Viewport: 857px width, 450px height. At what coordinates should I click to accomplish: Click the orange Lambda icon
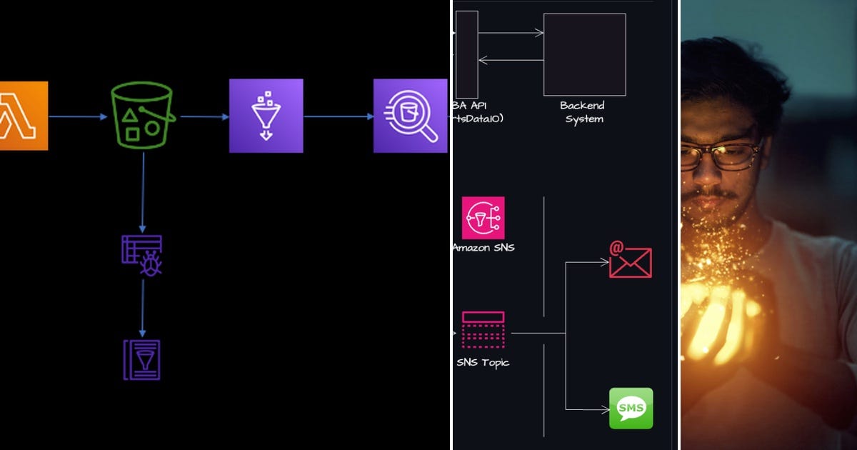pos(24,116)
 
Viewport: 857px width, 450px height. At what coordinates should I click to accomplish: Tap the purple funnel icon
pos(266,116)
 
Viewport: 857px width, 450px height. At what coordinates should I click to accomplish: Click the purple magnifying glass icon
pos(409,116)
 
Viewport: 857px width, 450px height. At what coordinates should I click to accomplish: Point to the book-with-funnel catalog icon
pos(142,359)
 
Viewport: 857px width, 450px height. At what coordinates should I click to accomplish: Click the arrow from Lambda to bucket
pos(79,116)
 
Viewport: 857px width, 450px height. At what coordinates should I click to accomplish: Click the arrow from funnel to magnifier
pos(338,116)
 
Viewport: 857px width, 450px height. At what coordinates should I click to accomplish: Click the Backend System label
pos(583,112)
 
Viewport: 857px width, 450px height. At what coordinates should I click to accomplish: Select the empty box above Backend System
pos(584,54)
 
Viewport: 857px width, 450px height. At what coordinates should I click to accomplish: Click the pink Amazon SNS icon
pos(483,218)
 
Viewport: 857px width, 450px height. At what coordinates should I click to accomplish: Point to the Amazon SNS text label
pos(483,248)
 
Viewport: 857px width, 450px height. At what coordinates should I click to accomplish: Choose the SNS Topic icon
pos(483,329)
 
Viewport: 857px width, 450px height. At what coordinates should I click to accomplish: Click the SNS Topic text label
pos(483,363)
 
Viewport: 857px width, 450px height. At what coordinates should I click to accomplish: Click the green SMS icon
pos(631,408)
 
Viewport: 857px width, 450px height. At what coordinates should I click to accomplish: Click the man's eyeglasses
pos(721,156)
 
